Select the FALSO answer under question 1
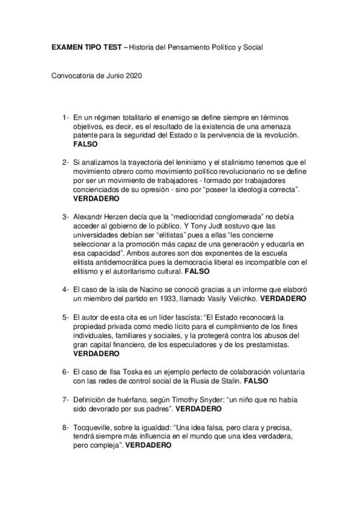coord(84,145)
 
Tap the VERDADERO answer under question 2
coord(96,198)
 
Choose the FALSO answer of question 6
coord(256,381)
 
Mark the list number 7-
coord(64,399)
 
